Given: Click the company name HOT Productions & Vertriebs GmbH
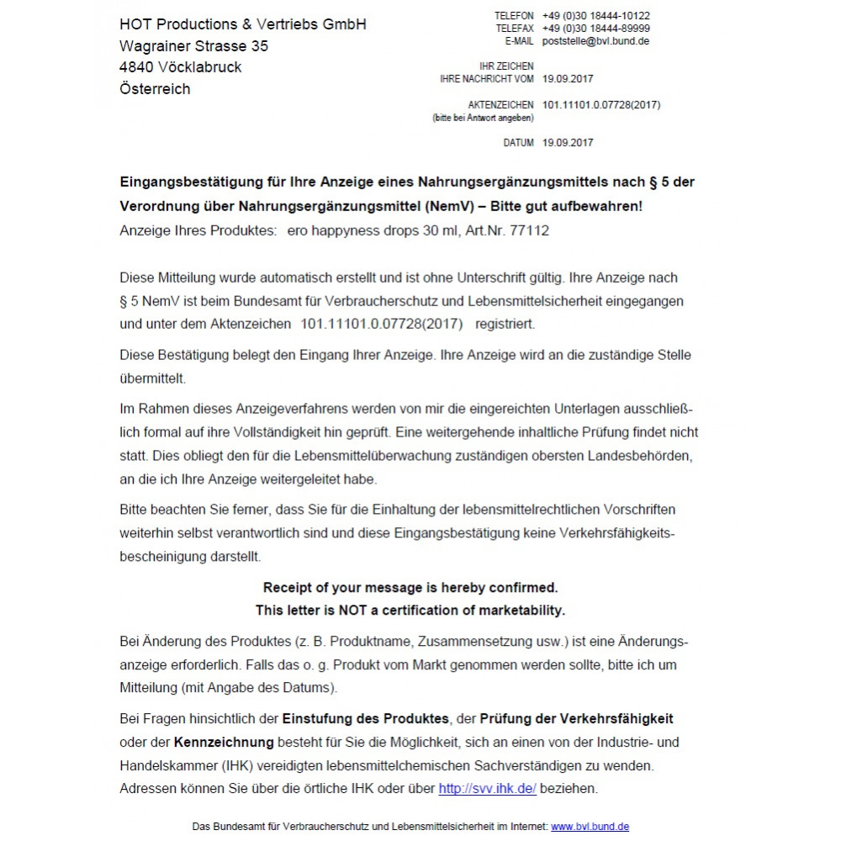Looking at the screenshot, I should (x=243, y=24).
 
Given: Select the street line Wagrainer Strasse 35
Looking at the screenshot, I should (x=194, y=45).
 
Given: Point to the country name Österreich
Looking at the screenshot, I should (x=156, y=89).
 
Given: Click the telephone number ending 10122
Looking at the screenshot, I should (x=596, y=16).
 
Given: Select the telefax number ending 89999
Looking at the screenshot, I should (x=596, y=29).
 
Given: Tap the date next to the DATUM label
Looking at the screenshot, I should (x=568, y=143).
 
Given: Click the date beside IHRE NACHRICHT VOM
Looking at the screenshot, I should (x=568, y=79).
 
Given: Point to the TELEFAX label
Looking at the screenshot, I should (x=515, y=29).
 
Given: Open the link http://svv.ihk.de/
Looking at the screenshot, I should (x=488, y=789).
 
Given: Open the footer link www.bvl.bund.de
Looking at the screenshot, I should (x=590, y=827).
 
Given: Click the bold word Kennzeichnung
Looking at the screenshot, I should (x=224, y=742).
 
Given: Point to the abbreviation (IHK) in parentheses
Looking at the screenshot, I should (x=216, y=765).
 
